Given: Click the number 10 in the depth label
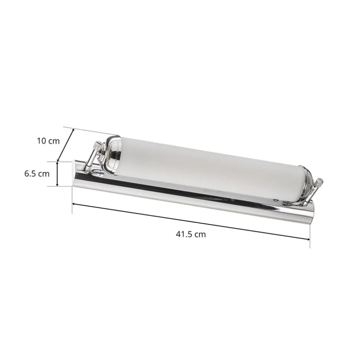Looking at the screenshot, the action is (x=42, y=141).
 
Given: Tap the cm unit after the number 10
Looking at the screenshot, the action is (x=54, y=141).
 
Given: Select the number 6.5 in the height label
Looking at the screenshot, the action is (x=30, y=174).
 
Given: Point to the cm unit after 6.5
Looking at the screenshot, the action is (x=44, y=174).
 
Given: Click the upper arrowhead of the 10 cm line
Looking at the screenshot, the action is (x=73, y=130).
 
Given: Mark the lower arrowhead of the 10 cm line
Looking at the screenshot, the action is (x=58, y=159).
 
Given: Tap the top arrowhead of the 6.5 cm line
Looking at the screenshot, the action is (x=57, y=163).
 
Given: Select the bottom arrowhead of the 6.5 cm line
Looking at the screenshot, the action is (x=57, y=184).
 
